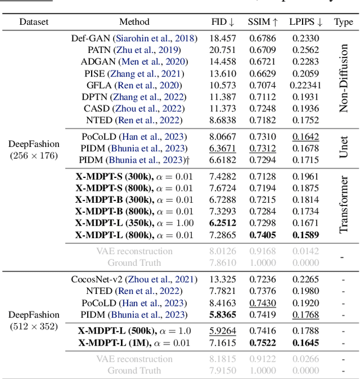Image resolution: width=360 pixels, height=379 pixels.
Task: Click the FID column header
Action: click(223, 22)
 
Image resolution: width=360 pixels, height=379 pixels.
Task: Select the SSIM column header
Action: click(263, 22)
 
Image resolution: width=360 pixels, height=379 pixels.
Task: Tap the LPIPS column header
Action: click(305, 22)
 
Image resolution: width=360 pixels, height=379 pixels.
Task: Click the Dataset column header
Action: click(34, 22)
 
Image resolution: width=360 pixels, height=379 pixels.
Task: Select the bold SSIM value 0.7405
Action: click(263, 235)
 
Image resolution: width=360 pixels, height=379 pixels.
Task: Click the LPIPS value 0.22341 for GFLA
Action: click(305, 85)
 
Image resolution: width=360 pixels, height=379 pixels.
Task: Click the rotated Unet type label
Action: click(344, 148)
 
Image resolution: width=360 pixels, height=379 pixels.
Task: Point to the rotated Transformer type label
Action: click(344, 205)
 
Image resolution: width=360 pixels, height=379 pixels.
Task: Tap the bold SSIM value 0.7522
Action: click(263, 342)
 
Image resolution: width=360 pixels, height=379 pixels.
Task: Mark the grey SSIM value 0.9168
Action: click(263, 251)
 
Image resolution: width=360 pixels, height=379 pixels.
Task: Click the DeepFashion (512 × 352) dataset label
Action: click(34, 320)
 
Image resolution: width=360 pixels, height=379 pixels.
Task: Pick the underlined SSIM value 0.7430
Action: click(263, 303)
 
